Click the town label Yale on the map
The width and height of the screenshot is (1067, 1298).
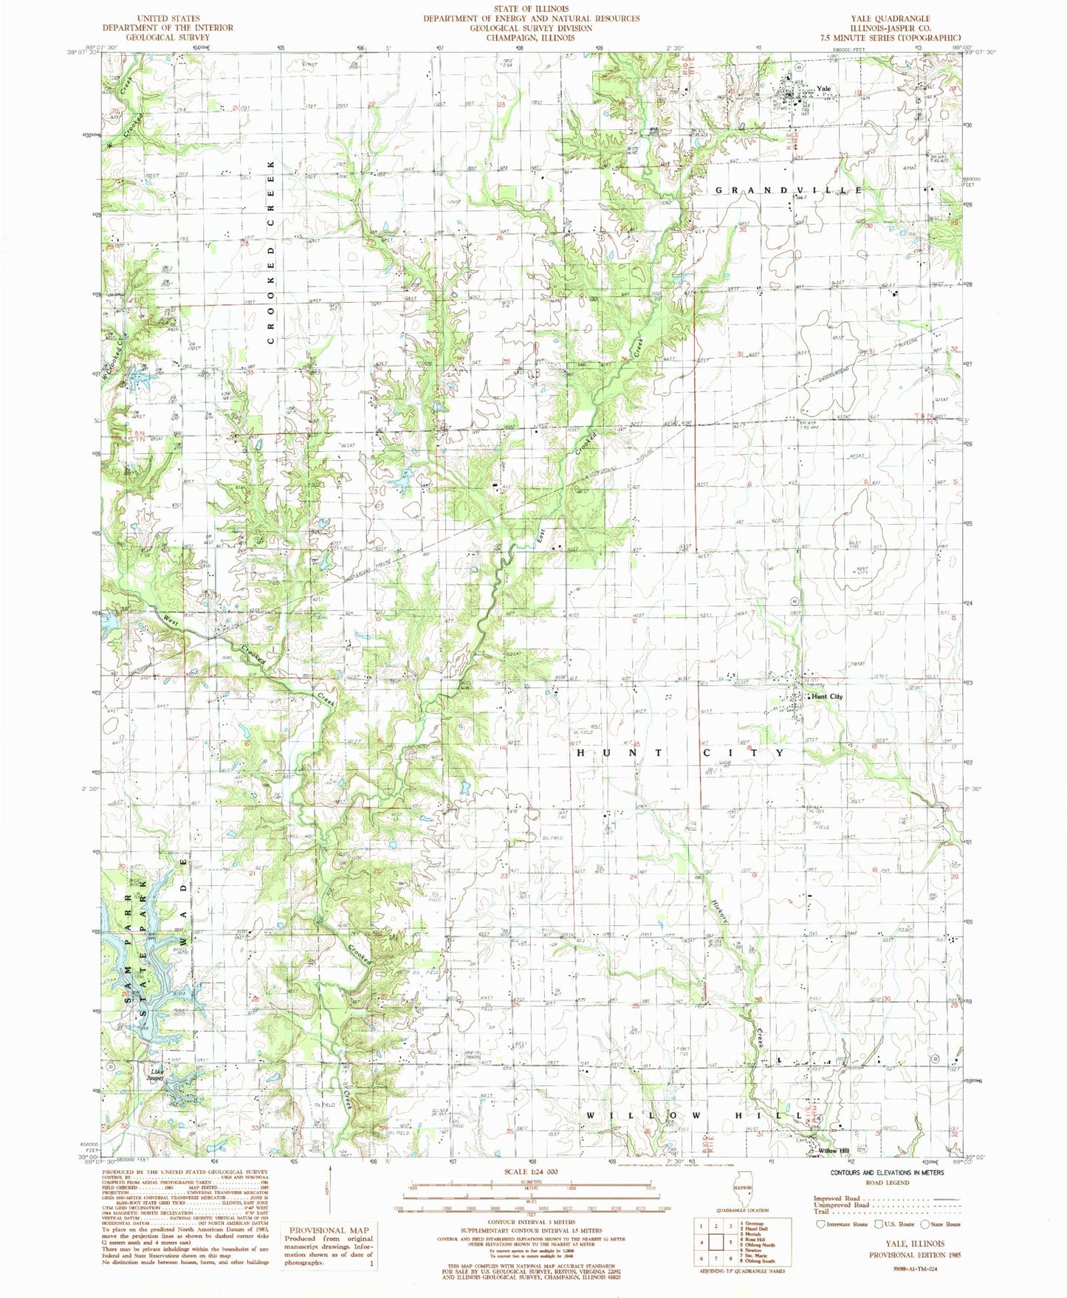[x=823, y=89]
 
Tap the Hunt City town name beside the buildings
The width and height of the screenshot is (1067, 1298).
[x=827, y=696]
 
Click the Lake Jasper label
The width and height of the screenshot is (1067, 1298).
[x=154, y=1074]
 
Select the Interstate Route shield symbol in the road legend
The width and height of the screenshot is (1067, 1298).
[x=820, y=1223]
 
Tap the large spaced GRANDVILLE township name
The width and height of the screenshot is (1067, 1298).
[x=787, y=190]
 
